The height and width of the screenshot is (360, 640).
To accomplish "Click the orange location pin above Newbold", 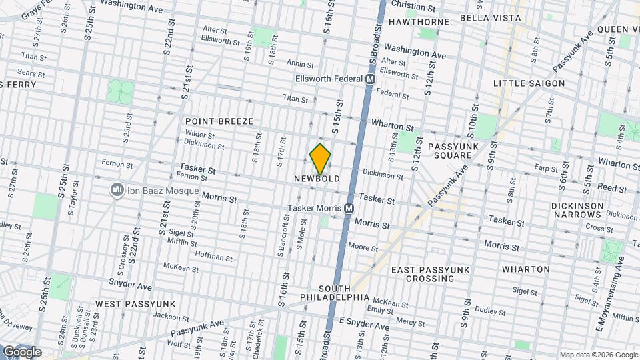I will [321, 159].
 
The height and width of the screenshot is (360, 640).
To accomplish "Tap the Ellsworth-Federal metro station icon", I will [370, 79].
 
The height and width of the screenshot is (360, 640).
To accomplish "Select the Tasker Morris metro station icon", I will [349, 209].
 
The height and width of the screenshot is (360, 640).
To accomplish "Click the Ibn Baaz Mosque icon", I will [118, 191].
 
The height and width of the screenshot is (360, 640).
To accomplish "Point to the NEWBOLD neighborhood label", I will [317, 179].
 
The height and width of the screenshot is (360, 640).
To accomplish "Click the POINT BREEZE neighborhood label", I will [219, 121].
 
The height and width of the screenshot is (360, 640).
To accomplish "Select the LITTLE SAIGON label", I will [529, 83].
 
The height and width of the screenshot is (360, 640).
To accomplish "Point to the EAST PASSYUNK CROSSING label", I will [431, 274].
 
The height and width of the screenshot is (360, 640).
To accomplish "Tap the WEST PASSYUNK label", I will [126, 303].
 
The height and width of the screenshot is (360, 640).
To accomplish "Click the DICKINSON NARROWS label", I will [577, 210].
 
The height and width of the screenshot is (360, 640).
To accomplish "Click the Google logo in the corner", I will [21, 352].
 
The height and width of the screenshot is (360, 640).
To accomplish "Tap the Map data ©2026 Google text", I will [598, 355].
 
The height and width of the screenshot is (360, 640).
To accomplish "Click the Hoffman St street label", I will [214, 256].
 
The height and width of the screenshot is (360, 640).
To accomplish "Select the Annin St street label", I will [300, 64].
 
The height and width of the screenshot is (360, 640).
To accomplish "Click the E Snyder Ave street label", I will [364, 325].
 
